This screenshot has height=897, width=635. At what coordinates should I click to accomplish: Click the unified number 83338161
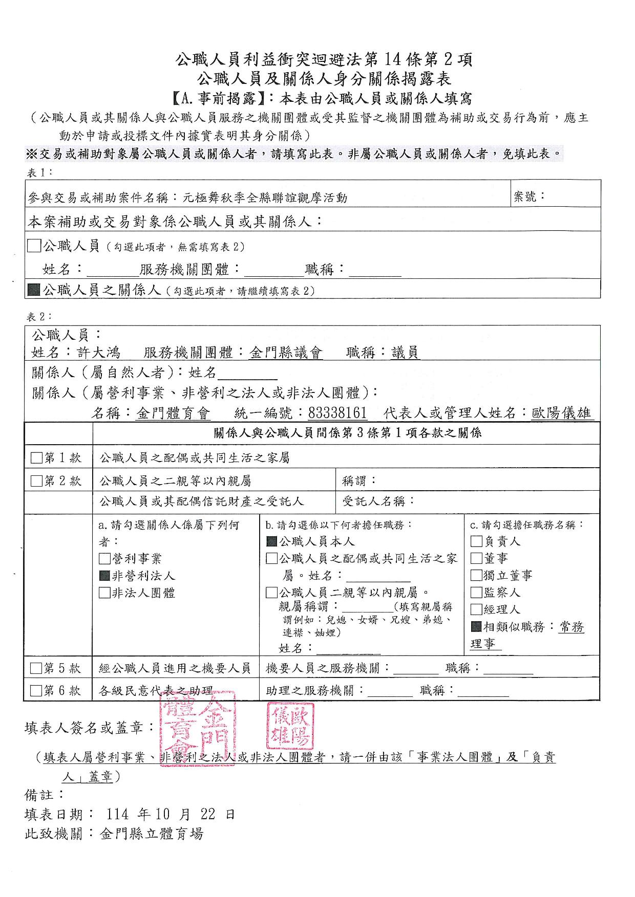pyautogui.click(x=337, y=412)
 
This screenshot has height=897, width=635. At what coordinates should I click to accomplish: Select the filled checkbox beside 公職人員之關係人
pyautogui.click(x=34, y=290)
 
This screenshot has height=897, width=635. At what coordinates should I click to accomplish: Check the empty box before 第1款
pyautogui.click(x=36, y=457)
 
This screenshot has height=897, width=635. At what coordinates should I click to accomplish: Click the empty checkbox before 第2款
pyautogui.click(x=36, y=481)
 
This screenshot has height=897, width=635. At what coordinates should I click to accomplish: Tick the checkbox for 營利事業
pyautogui.click(x=104, y=559)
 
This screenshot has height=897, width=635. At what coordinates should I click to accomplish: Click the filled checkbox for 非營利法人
pyautogui.click(x=104, y=576)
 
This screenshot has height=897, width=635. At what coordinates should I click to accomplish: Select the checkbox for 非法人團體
pyautogui.click(x=104, y=593)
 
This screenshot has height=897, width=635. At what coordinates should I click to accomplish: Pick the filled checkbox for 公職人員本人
pyautogui.click(x=272, y=541)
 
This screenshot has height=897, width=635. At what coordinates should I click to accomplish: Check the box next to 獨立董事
pyautogui.click(x=476, y=575)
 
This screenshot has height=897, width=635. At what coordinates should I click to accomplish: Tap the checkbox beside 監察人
pyautogui.click(x=476, y=593)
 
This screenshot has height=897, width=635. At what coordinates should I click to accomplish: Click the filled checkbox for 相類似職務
pyautogui.click(x=476, y=626)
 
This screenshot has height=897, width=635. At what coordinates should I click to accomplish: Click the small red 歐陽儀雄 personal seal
pyautogui.click(x=290, y=726)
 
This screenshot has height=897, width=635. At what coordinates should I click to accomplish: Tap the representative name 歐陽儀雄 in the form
pyautogui.click(x=561, y=412)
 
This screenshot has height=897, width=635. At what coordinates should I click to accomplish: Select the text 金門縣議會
pyautogui.click(x=286, y=353)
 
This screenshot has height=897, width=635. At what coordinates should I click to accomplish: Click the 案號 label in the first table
pyautogui.click(x=529, y=196)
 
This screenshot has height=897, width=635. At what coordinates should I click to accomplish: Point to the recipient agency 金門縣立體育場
pyautogui.click(x=152, y=834)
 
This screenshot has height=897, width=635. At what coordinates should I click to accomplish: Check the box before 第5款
pyautogui.click(x=36, y=668)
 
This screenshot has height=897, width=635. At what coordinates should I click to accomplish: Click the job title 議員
pyautogui.click(x=405, y=353)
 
